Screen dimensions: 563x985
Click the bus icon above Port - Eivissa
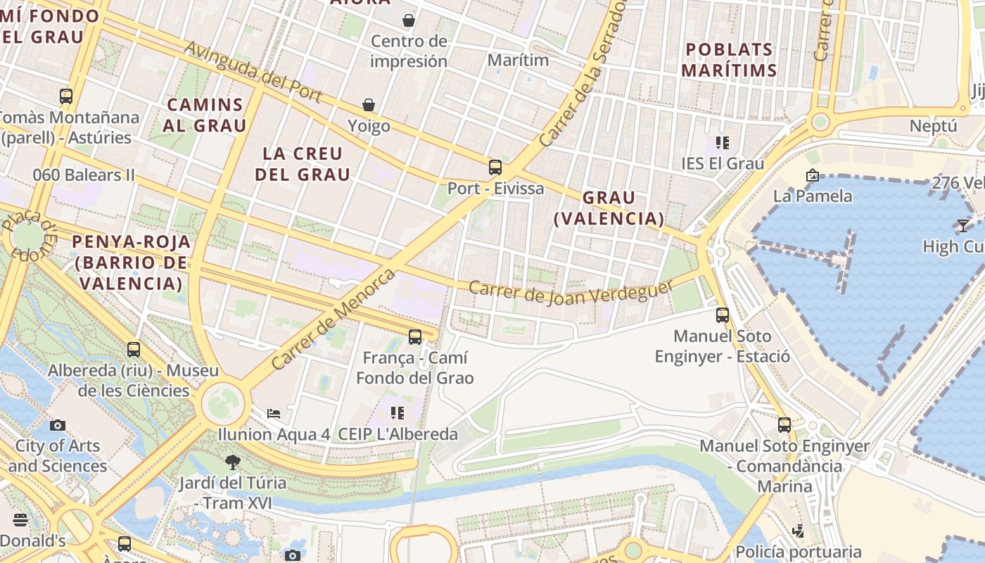click(495, 167)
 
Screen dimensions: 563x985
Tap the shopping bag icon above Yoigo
click(369, 105)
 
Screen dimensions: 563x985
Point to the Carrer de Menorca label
click(333, 320)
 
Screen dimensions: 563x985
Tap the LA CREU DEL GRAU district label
click(303, 164)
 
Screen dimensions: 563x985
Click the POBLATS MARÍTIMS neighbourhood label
click(729, 60)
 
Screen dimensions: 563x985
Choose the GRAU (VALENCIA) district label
click(609, 208)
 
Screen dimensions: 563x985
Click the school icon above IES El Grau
click(722, 143)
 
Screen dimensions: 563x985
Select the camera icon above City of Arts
click(58, 425)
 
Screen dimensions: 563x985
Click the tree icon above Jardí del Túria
click(232, 462)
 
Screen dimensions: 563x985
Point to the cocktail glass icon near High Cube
click(962, 225)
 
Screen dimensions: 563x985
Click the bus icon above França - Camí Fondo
click(415, 337)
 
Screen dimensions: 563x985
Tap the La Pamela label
click(813, 196)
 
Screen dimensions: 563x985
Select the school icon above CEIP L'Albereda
click(398, 413)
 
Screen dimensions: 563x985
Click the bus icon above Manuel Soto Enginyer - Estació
click(723, 315)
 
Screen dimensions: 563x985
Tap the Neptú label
click(934, 126)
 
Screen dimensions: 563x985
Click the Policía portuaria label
click(799, 551)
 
